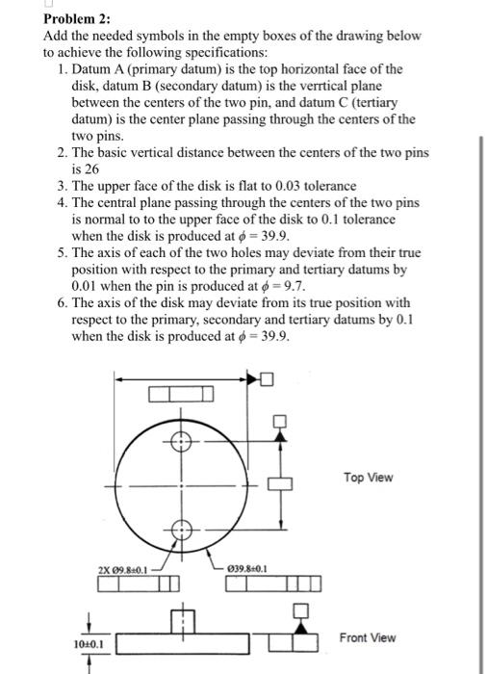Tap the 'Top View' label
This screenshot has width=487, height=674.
[x=368, y=478]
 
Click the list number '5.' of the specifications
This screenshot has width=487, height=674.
[x=62, y=253]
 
